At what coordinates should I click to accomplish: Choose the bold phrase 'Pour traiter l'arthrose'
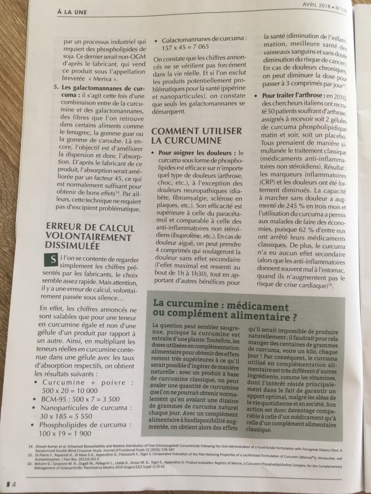(292, 97)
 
